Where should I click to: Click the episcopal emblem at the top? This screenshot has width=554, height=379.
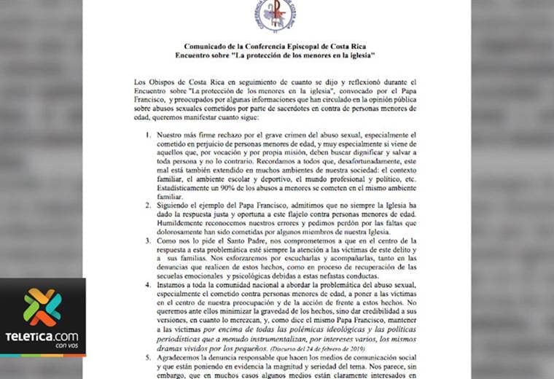click(x=275, y=15)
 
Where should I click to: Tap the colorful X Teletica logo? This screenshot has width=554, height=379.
click(x=42, y=307)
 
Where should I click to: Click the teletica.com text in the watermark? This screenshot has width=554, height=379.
click(x=42, y=336)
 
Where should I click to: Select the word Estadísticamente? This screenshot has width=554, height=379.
click(x=192, y=187)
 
